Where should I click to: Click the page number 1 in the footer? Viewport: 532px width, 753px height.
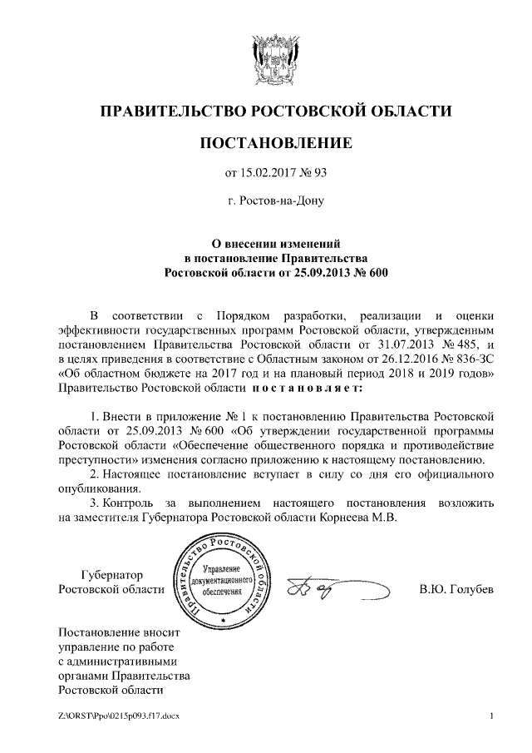(492, 716)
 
